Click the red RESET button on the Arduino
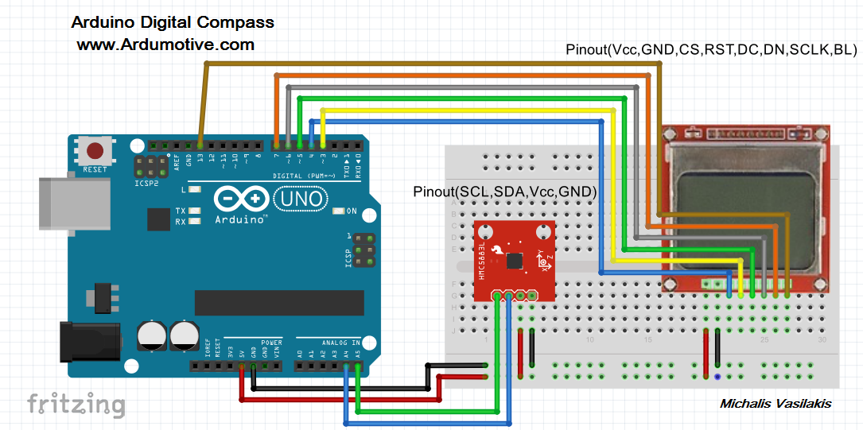(x=95, y=151)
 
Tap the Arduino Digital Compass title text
(x=173, y=22)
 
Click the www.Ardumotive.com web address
(x=165, y=45)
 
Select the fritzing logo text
(x=76, y=404)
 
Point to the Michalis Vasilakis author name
(x=775, y=404)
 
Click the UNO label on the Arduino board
(x=300, y=196)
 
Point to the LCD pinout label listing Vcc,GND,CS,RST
(x=711, y=49)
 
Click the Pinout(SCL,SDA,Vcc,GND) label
(x=505, y=192)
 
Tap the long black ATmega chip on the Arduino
(x=279, y=302)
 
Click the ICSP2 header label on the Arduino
(x=147, y=183)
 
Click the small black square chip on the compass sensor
(x=515, y=260)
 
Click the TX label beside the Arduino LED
(x=181, y=211)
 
